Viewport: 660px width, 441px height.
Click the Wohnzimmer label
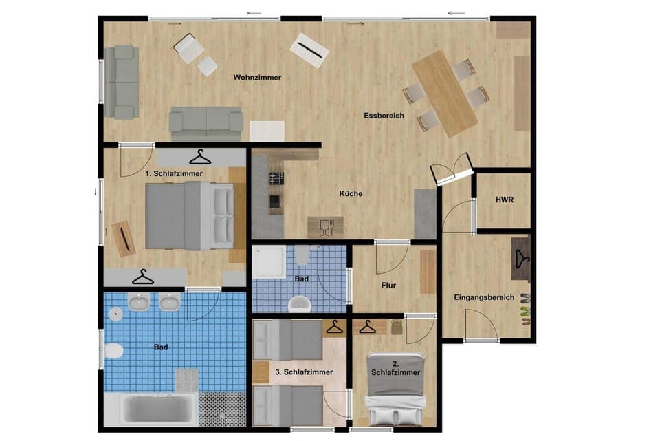(x=257, y=78)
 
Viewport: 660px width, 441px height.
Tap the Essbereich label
(x=384, y=116)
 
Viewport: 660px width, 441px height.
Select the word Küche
(x=351, y=193)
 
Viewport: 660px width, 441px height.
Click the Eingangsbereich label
(x=484, y=297)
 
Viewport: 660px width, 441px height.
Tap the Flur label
(x=388, y=284)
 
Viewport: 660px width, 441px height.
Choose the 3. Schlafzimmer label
(x=304, y=372)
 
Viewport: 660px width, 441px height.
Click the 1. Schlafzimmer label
(x=174, y=174)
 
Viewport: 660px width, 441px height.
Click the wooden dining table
(x=444, y=93)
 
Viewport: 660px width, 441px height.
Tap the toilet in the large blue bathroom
(x=113, y=352)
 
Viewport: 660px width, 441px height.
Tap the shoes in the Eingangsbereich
(x=525, y=310)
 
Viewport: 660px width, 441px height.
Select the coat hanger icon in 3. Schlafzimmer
(x=335, y=327)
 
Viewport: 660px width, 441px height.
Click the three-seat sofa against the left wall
(x=122, y=82)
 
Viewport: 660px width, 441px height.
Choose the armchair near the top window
(x=188, y=48)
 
